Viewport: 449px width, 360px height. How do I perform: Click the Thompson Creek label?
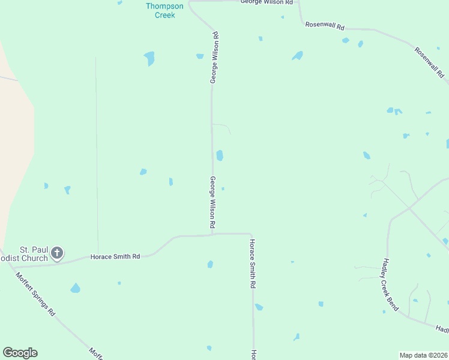[x=161, y=11]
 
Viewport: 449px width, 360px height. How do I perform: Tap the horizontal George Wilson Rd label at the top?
[x=267, y=2]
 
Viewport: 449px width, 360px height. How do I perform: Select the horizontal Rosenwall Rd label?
[x=325, y=26]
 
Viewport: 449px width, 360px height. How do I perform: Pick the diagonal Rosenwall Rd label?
[x=429, y=62]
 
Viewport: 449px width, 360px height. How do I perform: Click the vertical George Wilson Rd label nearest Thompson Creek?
[x=214, y=58]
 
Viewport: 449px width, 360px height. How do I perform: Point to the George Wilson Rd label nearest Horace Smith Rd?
[x=212, y=202]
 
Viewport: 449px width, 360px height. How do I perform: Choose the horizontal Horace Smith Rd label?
[x=115, y=257]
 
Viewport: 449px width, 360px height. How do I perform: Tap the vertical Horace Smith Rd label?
[x=253, y=264]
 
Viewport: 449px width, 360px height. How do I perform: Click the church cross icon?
[x=57, y=253]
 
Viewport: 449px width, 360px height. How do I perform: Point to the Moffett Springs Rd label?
[x=35, y=294]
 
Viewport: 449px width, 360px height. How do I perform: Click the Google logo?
[x=20, y=353]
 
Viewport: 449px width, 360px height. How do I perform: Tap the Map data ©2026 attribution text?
[x=424, y=355]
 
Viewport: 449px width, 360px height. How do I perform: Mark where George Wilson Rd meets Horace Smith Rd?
[x=212, y=234]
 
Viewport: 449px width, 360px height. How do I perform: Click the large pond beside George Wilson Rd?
[x=220, y=155]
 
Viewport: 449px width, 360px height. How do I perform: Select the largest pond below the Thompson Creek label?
[x=149, y=58]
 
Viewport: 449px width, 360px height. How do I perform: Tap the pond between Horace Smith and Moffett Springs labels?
[x=75, y=288]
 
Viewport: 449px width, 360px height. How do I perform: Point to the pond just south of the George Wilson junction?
[x=210, y=264]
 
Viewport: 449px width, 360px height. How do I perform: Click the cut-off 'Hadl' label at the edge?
[x=442, y=329]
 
